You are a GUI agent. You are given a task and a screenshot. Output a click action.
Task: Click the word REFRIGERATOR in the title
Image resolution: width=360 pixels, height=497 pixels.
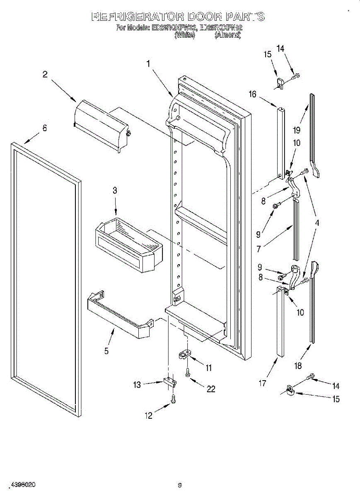(x=137, y=17)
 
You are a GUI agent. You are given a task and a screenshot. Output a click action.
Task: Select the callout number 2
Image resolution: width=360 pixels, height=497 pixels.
(x=45, y=74)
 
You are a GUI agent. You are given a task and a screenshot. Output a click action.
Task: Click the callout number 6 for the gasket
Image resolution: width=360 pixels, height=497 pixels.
(x=44, y=128)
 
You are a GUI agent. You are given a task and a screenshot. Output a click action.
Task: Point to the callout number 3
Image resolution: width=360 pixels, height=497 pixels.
(x=115, y=191)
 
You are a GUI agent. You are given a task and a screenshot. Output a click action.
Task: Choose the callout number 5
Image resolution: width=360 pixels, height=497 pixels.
(x=106, y=351)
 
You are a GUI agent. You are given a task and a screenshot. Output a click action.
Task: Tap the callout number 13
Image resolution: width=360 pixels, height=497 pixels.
(x=137, y=385)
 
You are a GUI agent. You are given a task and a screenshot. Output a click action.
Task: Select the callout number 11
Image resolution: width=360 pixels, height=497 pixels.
(x=208, y=367)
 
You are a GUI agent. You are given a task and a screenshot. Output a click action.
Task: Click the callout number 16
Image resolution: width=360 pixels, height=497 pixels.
(x=252, y=94)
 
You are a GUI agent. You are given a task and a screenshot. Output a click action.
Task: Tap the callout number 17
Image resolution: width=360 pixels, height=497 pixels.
(x=262, y=384)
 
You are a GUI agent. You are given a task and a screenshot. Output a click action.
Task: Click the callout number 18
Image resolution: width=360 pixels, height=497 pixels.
(x=298, y=365)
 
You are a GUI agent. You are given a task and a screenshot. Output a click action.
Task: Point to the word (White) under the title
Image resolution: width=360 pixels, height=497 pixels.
(x=184, y=36)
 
